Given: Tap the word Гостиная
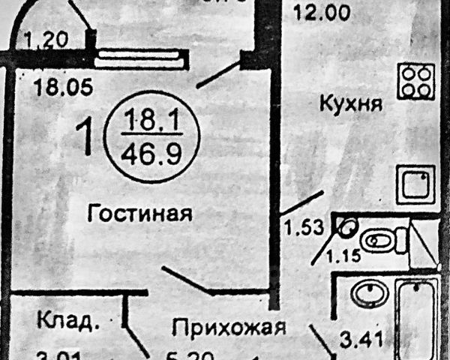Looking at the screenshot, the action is [x=140, y=214].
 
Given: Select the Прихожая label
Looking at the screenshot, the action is [x=229, y=327].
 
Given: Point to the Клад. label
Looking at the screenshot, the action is [x=68, y=322].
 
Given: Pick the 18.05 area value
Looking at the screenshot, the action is [x=63, y=88].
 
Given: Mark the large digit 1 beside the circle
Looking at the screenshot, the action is [x=86, y=137].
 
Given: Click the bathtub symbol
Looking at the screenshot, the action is [x=419, y=319].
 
